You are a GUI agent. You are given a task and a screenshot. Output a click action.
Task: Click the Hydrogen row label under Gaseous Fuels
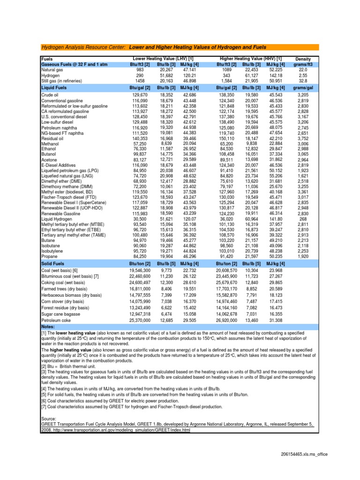coord(51,75)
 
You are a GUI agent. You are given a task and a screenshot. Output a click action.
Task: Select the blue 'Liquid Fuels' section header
coord(54,87)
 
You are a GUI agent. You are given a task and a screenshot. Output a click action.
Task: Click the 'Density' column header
coord(303,59)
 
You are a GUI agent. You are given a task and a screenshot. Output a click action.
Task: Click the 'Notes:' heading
coord(48,326)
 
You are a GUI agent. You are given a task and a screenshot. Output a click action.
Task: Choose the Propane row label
coord(50,256)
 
